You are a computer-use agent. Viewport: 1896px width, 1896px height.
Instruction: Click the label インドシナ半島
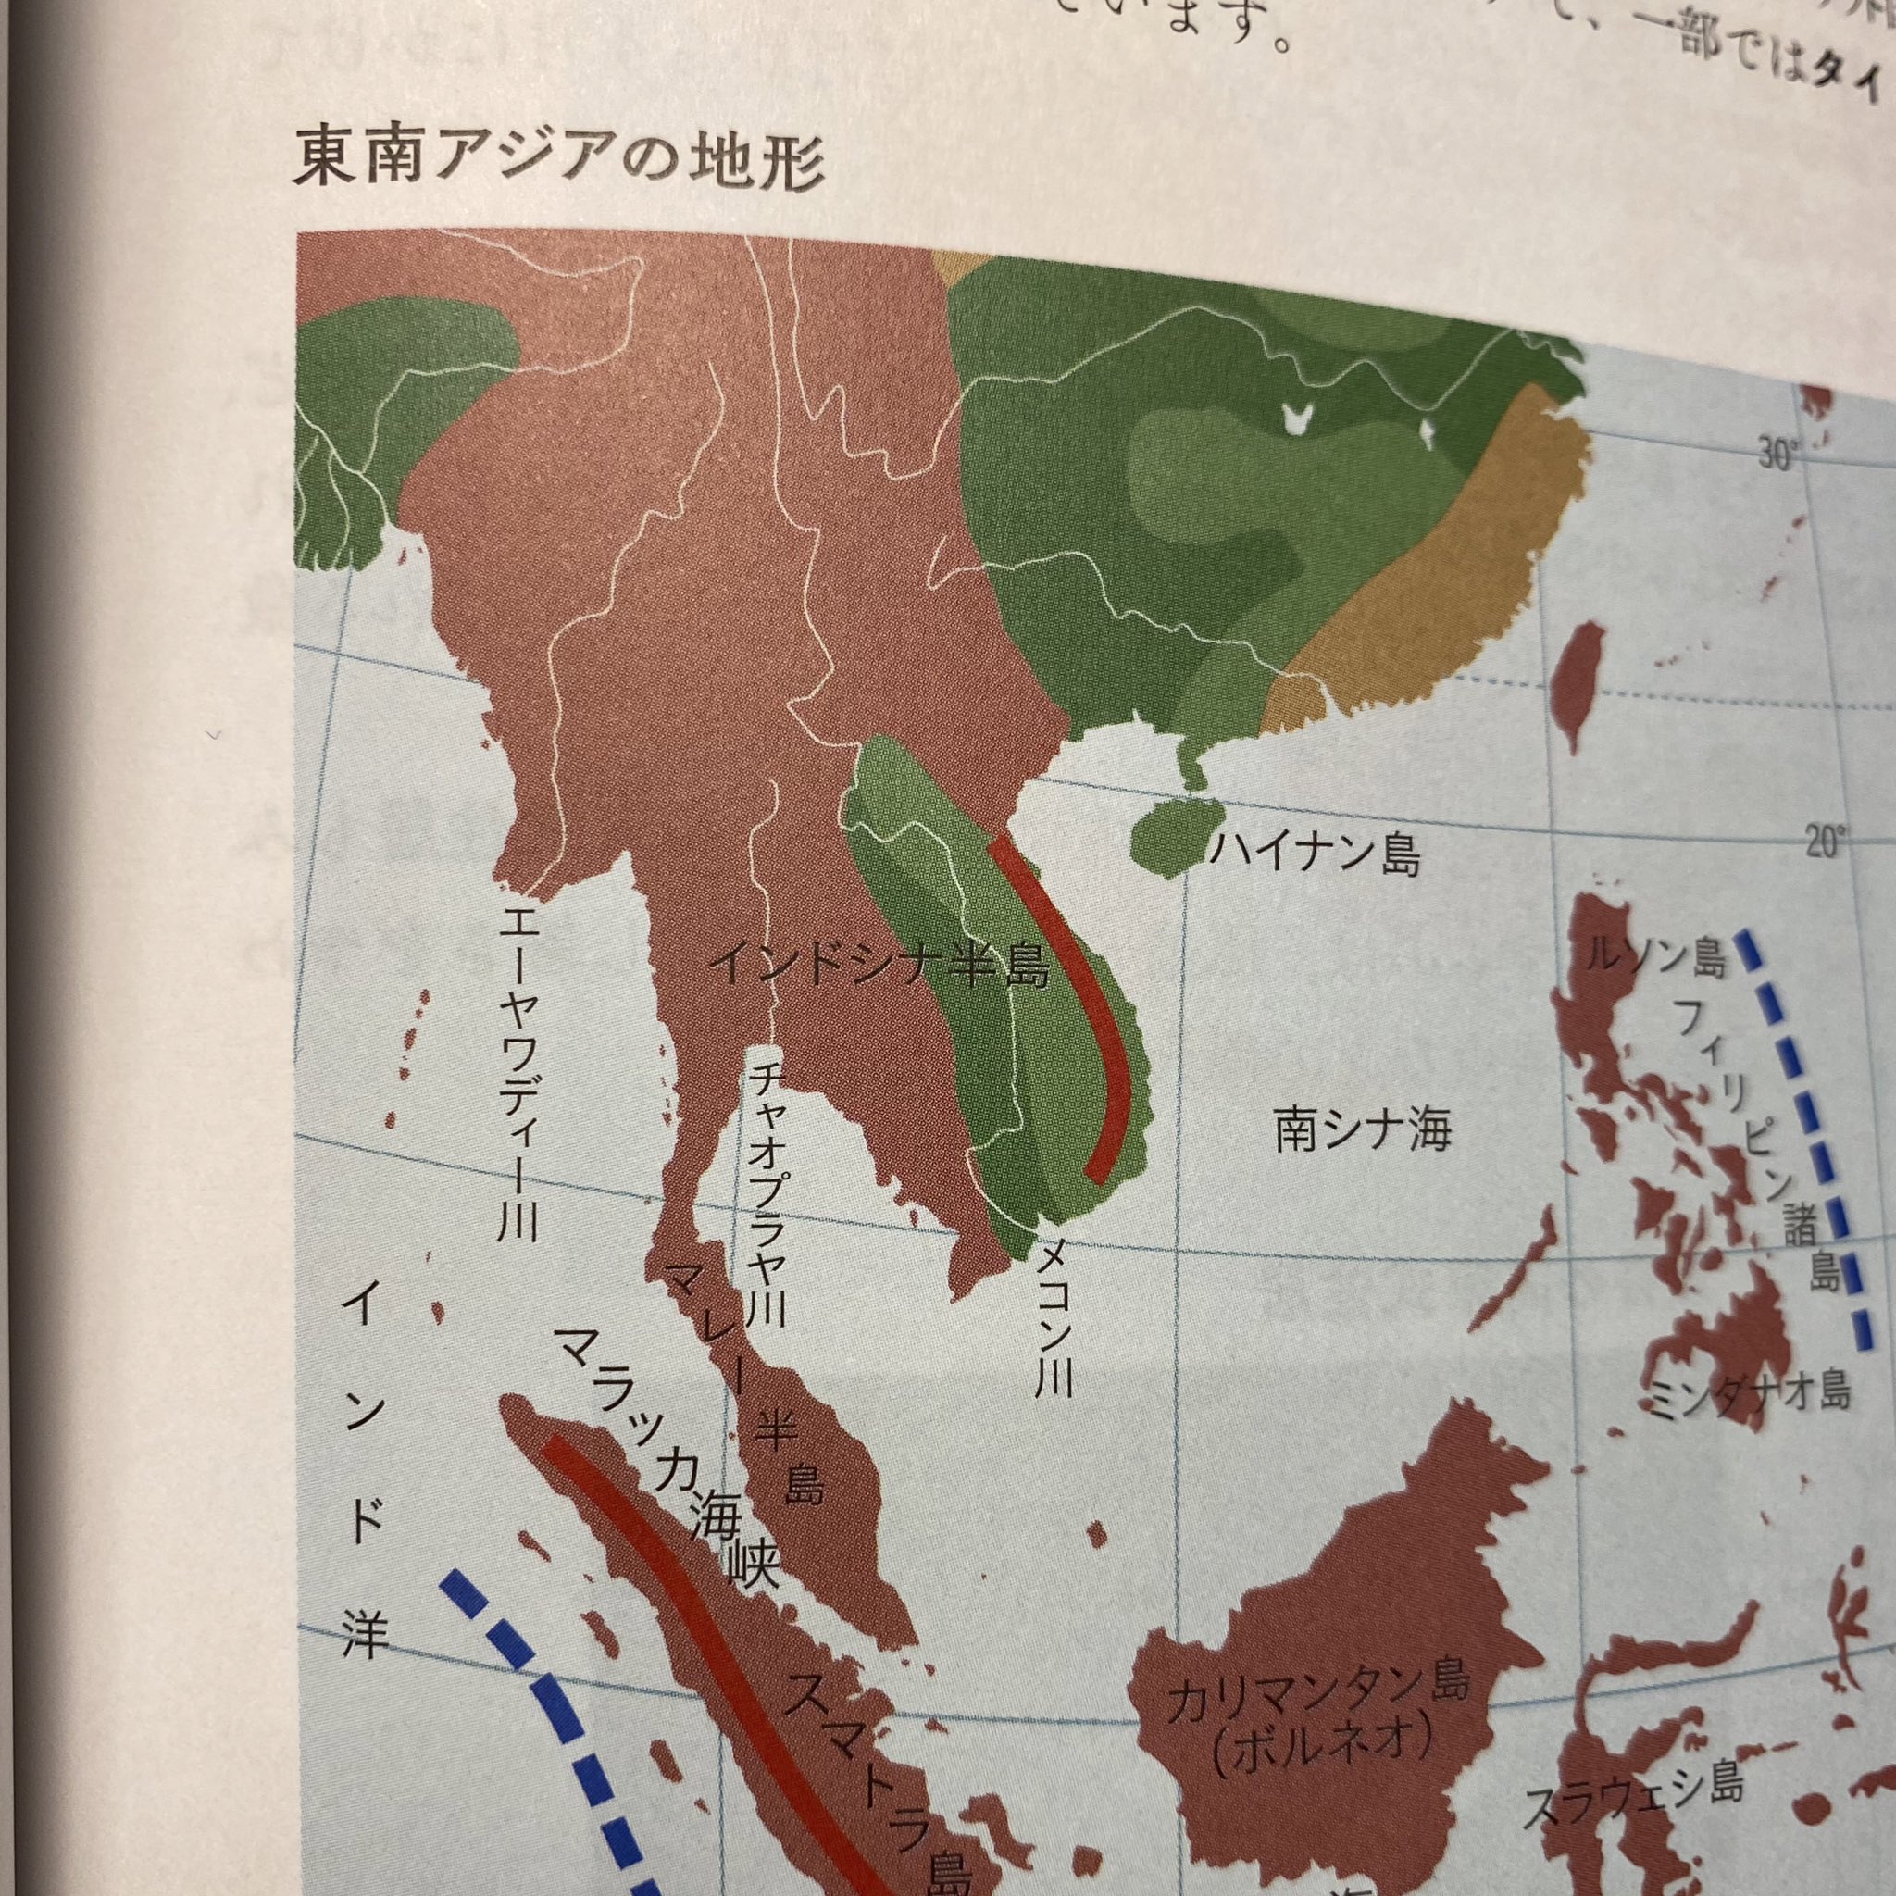[879, 965]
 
